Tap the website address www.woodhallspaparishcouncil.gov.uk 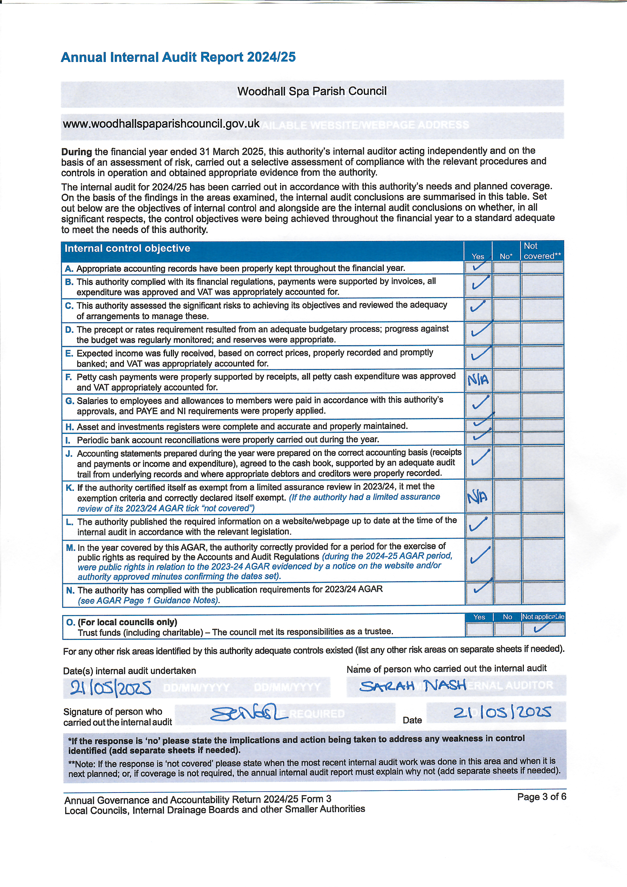coord(161,124)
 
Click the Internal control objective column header coord(127,248)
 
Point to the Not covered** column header coord(542,251)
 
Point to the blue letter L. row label coord(70,522)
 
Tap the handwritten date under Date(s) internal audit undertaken coord(110,688)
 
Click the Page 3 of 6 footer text coord(541,797)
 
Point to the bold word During coord(76,152)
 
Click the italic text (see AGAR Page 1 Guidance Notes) coord(149,600)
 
